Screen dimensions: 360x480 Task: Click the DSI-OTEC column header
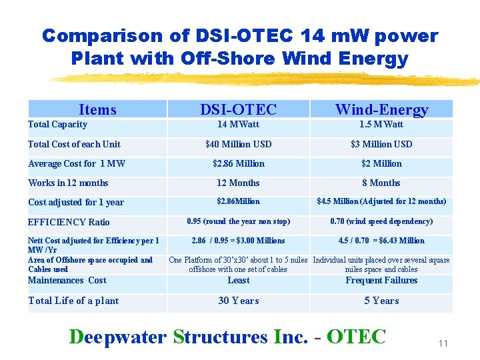coord(238,109)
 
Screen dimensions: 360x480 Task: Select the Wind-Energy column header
coord(381,109)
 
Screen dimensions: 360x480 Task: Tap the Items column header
coord(97,109)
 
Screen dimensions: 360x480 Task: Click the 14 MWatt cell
coord(238,125)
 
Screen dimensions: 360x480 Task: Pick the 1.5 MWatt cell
coord(381,125)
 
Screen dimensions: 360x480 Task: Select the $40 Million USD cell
coord(238,144)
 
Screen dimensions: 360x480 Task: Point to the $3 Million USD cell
coord(381,144)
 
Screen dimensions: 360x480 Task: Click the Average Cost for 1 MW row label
coord(77,163)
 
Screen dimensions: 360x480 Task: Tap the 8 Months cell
coord(381,183)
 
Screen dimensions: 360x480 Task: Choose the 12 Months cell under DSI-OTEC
coord(238,183)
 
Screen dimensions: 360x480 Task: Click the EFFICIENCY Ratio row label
coord(69,222)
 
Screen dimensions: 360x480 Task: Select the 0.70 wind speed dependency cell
coord(381,221)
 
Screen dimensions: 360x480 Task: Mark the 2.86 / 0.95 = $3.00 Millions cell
coord(238,241)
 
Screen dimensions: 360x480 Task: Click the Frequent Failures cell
coord(381,280)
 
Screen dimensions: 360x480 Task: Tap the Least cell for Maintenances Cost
coord(238,281)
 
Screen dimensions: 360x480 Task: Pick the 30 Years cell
coord(238,301)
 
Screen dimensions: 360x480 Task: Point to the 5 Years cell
coord(381,301)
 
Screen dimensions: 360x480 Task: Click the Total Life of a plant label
coord(73,301)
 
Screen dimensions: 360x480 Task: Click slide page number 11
coord(443,343)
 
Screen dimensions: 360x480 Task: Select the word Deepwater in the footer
coord(118,337)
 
